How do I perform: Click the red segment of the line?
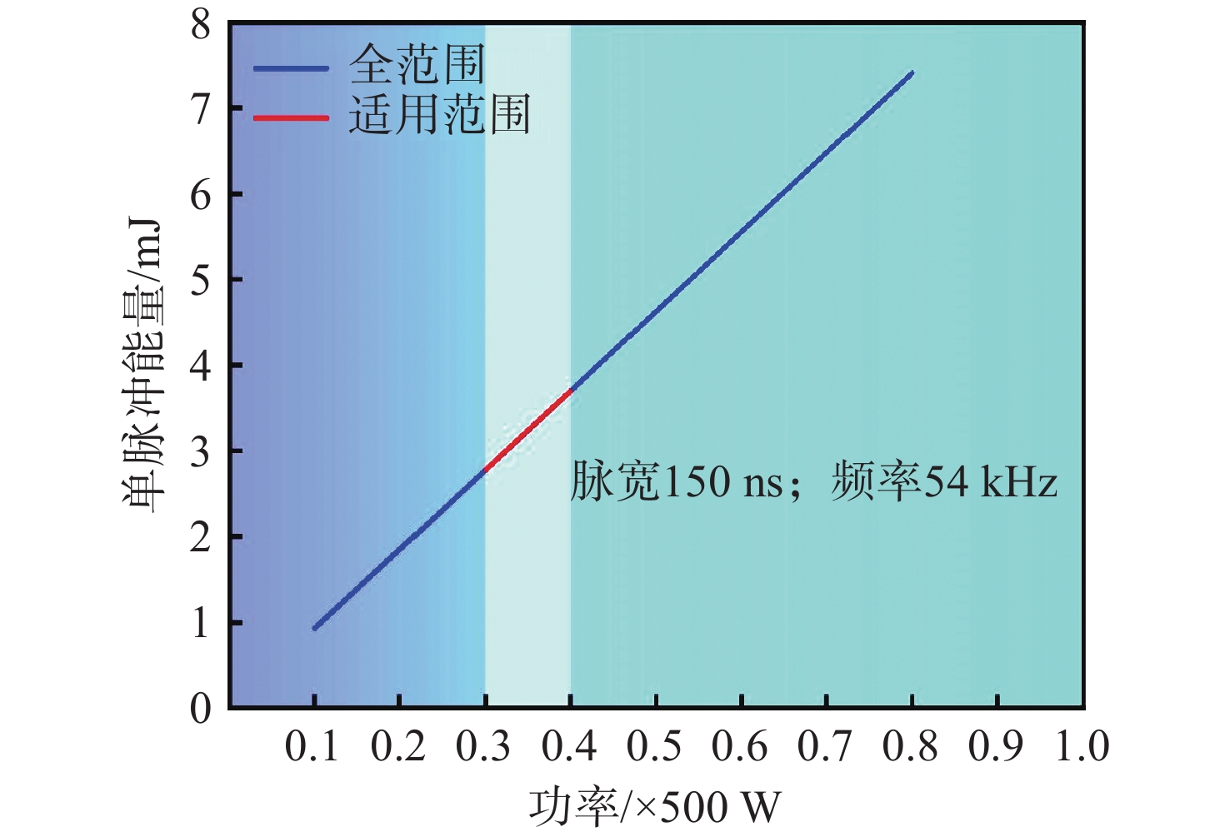(527, 430)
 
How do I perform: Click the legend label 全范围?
(417, 65)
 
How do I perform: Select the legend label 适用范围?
(439, 115)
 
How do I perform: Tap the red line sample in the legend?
(291, 117)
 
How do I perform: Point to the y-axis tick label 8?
(201, 25)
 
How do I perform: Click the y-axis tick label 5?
(201, 281)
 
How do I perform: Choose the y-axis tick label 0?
(201, 709)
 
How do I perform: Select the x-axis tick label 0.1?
(312, 746)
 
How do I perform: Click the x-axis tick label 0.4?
(569, 746)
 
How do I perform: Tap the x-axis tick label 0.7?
(825, 746)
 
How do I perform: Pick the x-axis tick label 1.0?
(1082, 746)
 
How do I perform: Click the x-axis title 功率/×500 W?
(655, 807)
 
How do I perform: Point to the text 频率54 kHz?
(944, 482)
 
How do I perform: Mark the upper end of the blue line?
(912, 73)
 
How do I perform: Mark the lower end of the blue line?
(314, 628)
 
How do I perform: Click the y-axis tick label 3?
(201, 452)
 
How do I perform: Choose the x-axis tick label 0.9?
(996, 746)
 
